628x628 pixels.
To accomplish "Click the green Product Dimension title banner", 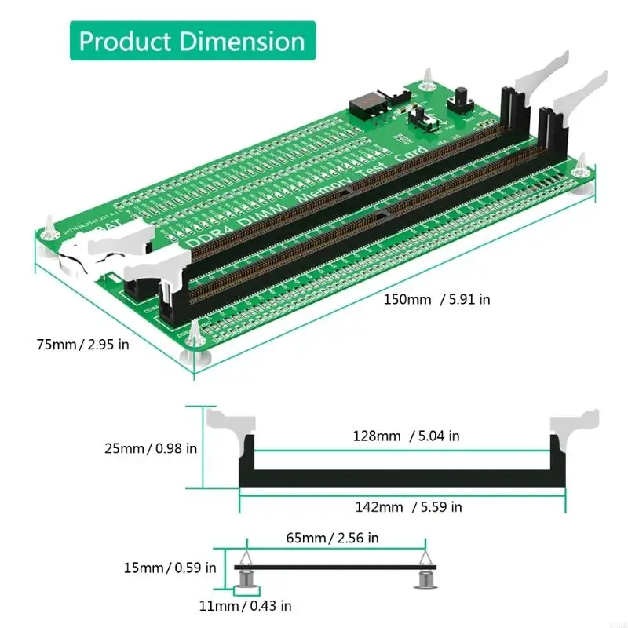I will [x=192, y=40].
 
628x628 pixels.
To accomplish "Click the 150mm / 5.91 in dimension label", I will [x=437, y=299].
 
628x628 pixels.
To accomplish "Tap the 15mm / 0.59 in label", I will [x=169, y=567].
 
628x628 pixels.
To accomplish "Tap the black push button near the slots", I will [x=458, y=106].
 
